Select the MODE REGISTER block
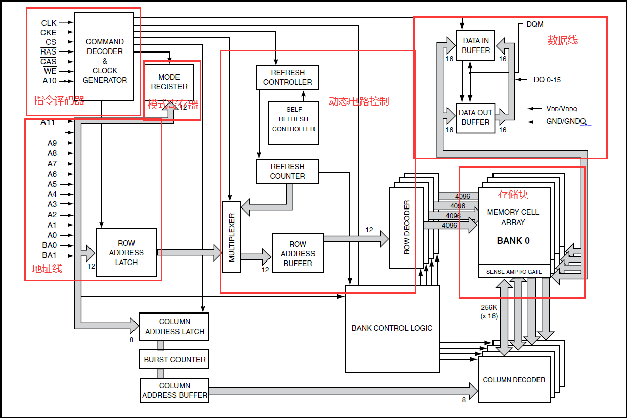pyautogui.click(x=169, y=82)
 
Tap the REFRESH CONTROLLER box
pyautogui.click(x=288, y=78)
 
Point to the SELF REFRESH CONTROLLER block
pyautogui.click(x=293, y=119)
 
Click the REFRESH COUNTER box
pyautogui.click(x=288, y=171)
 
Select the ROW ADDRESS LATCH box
pyautogui.click(x=126, y=252)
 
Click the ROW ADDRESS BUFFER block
pyautogui.click(x=298, y=253)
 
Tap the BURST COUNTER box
pyautogui.click(x=174, y=360)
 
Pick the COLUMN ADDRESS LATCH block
pyautogui.click(x=174, y=327)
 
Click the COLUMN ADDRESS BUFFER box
pyautogui.click(x=174, y=390)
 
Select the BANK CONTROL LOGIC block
pyautogui.click(x=392, y=328)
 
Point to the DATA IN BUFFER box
pyautogui.click(x=475, y=45)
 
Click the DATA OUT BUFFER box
pyautogui.click(x=475, y=118)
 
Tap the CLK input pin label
pyautogui.click(x=49, y=23)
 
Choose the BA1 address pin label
pyautogui.click(x=50, y=255)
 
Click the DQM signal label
pyautogui.click(x=535, y=24)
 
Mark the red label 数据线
pyautogui.click(x=562, y=41)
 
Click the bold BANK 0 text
pyautogui.click(x=513, y=241)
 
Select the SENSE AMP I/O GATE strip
pyautogui.click(x=514, y=272)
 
